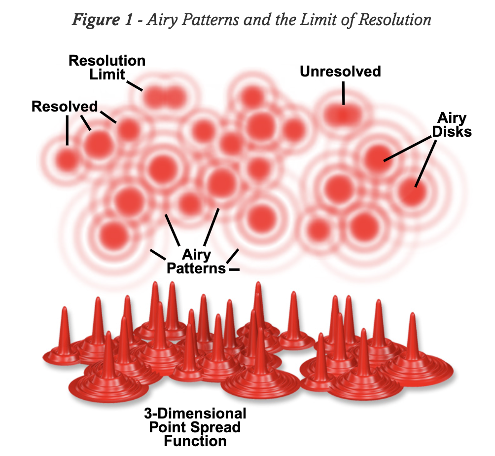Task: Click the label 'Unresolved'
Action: (x=340, y=72)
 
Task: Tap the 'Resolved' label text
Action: (x=65, y=106)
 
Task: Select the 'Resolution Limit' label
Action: (x=107, y=68)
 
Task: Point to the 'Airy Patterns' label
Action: (x=196, y=262)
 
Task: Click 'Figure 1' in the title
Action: (x=101, y=19)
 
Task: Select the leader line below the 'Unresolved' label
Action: (x=343, y=93)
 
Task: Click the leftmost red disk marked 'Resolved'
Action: (x=67, y=159)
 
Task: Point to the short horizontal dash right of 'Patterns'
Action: (x=234, y=269)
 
